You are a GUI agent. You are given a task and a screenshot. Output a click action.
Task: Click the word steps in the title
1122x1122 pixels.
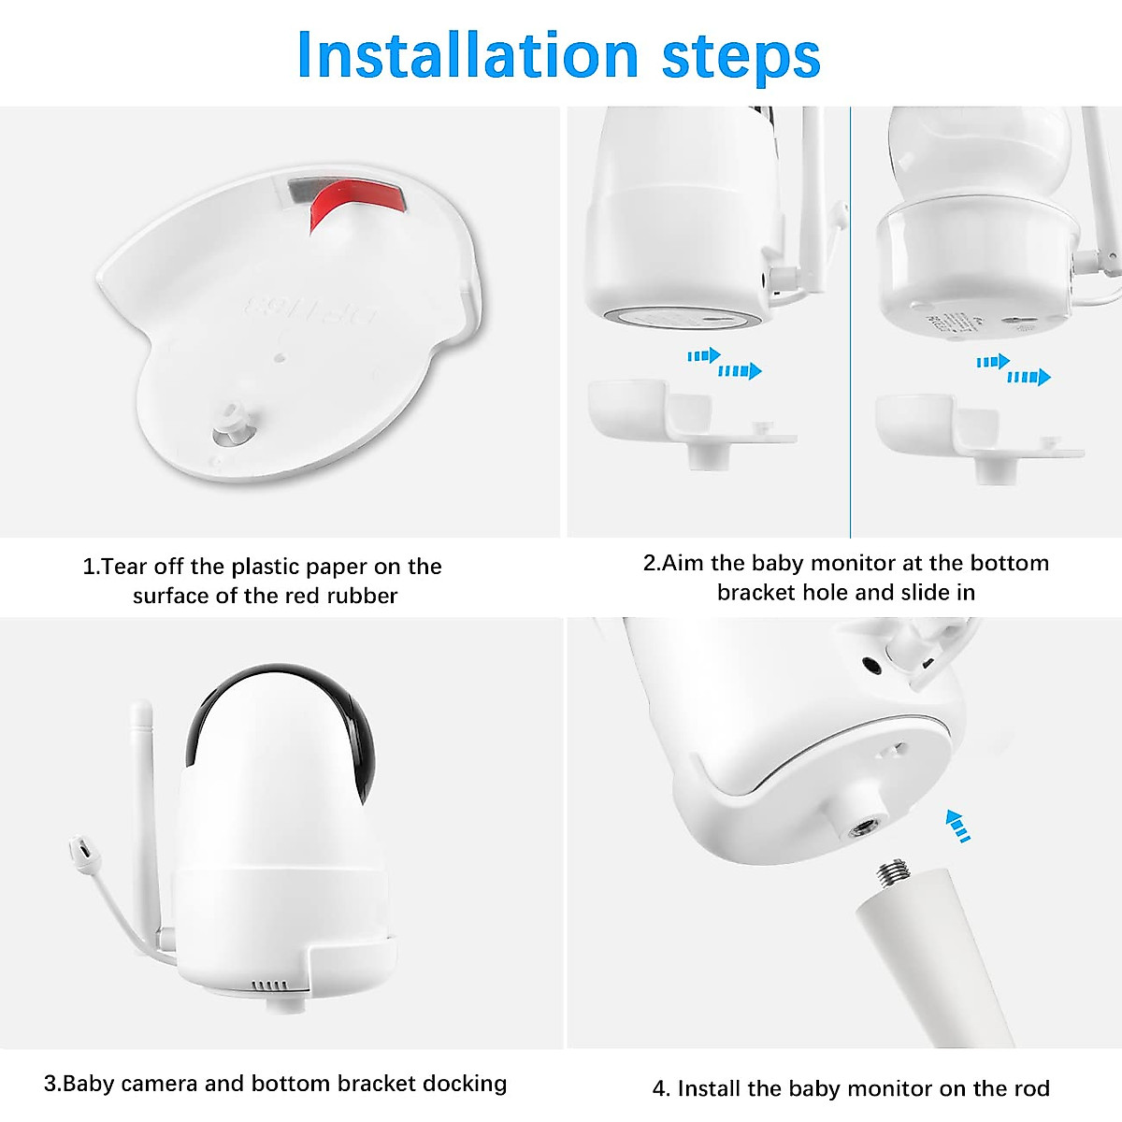pos(741,56)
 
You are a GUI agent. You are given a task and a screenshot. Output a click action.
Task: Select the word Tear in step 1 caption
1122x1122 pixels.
pos(122,567)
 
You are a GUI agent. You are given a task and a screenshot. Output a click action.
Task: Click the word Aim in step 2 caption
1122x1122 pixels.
pos(683,563)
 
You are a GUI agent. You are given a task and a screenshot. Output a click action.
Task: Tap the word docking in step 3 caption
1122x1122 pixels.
pos(464,1084)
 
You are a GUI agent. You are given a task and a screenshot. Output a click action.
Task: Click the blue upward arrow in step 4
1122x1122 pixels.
pos(956,826)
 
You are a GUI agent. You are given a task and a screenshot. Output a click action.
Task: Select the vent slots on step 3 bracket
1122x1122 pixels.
pos(272,985)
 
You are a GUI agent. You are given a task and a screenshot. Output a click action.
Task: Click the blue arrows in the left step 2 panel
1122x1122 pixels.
pos(725,364)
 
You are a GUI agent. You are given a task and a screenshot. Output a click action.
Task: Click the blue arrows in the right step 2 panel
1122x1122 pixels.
pos(1014,369)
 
